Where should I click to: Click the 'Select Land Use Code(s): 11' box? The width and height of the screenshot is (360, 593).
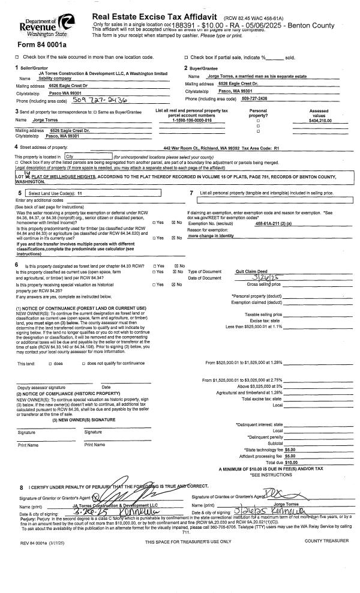click(58, 194)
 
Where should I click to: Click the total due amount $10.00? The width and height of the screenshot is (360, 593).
click(291, 462)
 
